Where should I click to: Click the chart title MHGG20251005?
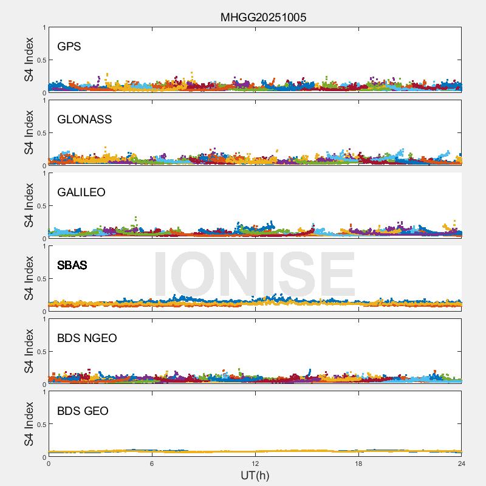(263, 17)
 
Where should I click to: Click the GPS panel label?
(69, 46)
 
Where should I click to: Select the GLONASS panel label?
(84, 119)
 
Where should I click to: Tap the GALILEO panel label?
(81, 192)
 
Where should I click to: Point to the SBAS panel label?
(72, 265)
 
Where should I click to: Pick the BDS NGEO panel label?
(87, 338)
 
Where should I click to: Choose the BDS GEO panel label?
(83, 411)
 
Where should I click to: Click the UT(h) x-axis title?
(255, 475)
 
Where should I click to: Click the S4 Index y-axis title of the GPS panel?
(29, 60)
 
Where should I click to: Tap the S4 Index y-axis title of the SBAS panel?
(29, 278)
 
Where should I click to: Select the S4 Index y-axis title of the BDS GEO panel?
(29, 424)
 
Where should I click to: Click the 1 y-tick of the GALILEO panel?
(44, 174)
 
